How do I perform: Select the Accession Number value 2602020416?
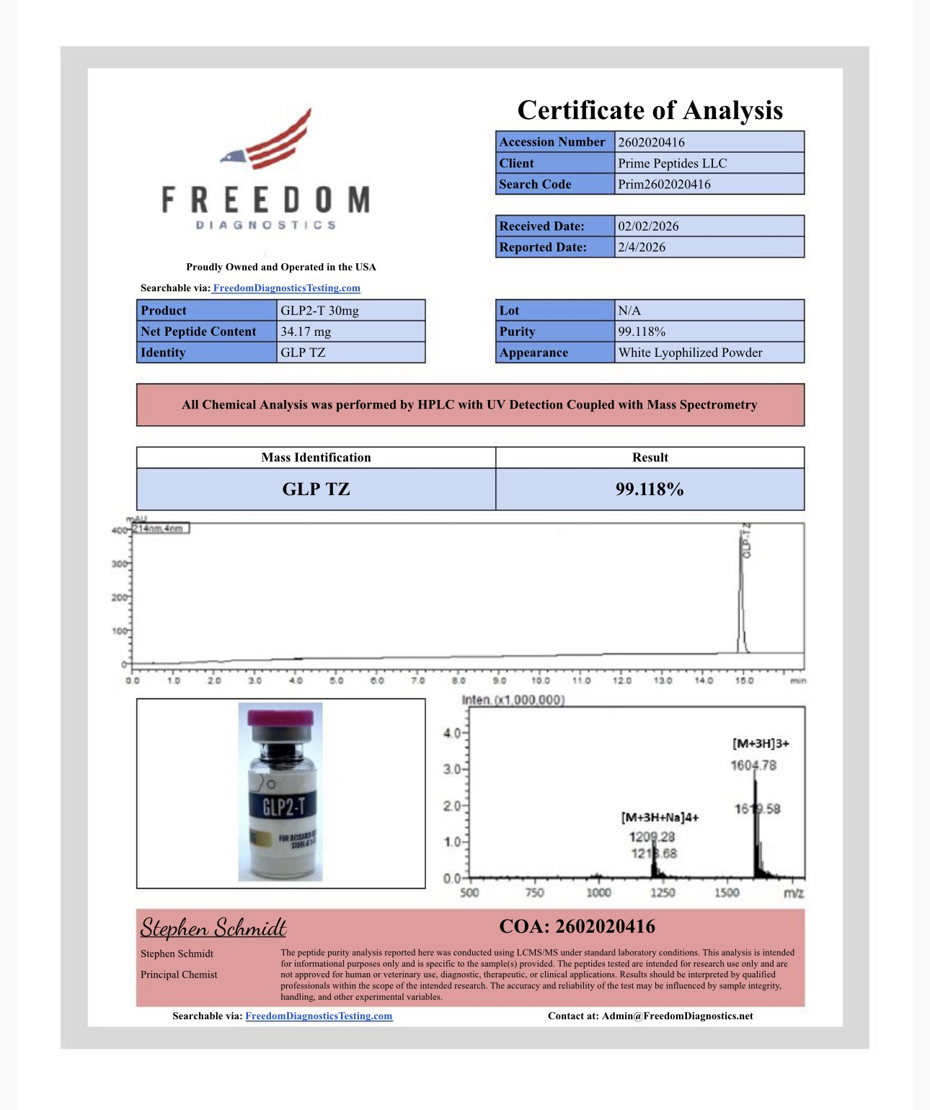(651, 142)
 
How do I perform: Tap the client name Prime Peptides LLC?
(672, 163)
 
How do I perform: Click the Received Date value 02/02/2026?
(648, 226)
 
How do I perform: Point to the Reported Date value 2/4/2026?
(642, 247)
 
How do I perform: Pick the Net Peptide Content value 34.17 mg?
(306, 332)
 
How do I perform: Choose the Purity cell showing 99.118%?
(642, 332)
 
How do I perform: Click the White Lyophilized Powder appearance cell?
(690, 352)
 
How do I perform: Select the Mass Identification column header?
(316, 457)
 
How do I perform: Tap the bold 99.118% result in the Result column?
(650, 489)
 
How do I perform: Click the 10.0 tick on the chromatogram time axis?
(540, 680)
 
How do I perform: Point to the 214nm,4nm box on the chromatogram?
(160, 528)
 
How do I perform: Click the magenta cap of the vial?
(280, 719)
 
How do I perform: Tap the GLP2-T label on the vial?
(284, 806)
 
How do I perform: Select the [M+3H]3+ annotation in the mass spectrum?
(761, 743)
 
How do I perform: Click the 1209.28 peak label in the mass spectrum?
(652, 837)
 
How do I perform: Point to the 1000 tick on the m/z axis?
(598, 893)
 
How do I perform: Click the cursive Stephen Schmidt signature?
(213, 927)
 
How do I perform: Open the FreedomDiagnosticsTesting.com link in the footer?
(319, 1016)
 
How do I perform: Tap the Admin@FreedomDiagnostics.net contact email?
(677, 1016)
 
